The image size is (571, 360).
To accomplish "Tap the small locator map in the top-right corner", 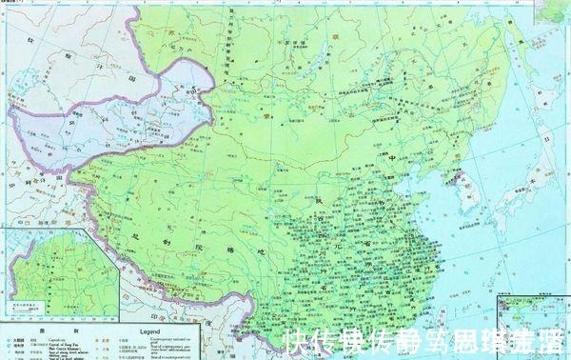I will click(x=552, y=11).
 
